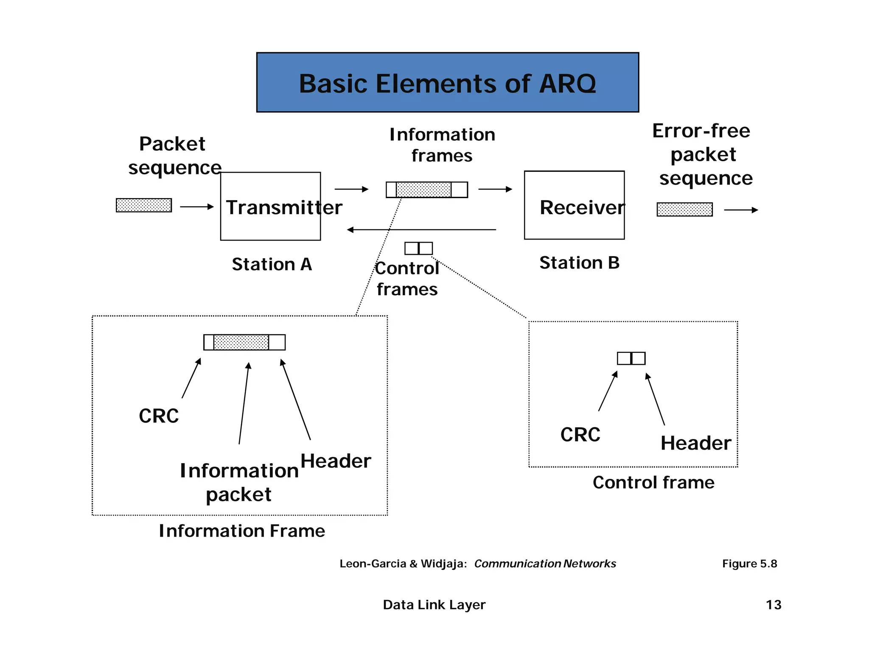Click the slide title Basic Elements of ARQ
click(447, 83)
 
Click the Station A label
click(272, 264)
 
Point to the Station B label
click(579, 263)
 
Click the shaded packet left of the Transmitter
click(144, 205)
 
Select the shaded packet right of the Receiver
click(684, 209)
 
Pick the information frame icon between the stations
click(426, 190)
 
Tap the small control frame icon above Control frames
click(418, 248)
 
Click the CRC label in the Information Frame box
click(159, 416)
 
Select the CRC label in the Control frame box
click(580, 435)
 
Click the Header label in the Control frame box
click(695, 443)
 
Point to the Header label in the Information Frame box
click(336, 461)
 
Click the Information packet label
click(239, 483)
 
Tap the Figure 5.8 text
click(749, 564)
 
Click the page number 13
click(773, 605)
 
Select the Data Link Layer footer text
click(434, 605)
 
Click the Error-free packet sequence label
click(703, 154)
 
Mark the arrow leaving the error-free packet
click(740, 210)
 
